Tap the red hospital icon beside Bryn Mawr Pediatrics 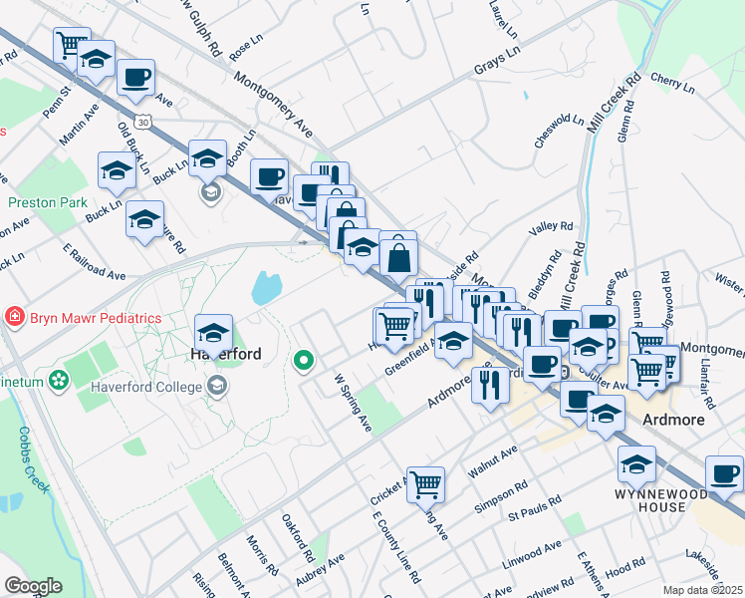click(x=14, y=317)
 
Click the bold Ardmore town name click(x=673, y=420)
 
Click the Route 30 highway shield click(x=145, y=122)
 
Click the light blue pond click(x=266, y=288)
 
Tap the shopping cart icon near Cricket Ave click(x=425, y=484)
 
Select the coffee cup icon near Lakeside click(x=724, y=473)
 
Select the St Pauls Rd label click(x=531, y=516)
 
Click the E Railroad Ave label click(x=94, y=260)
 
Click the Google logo click(x=33, y=585)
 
